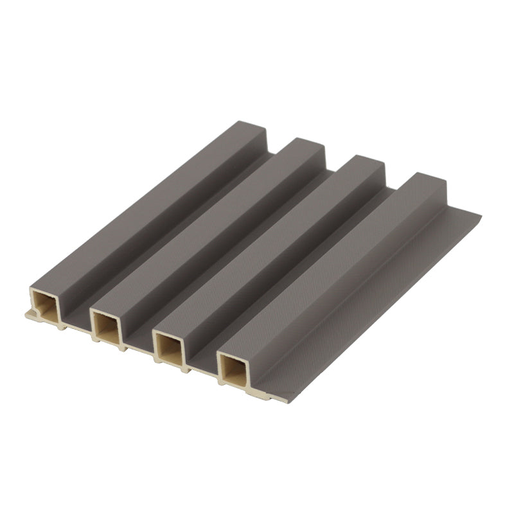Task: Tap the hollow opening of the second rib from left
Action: pyautogui.click(x=105, y=326)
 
